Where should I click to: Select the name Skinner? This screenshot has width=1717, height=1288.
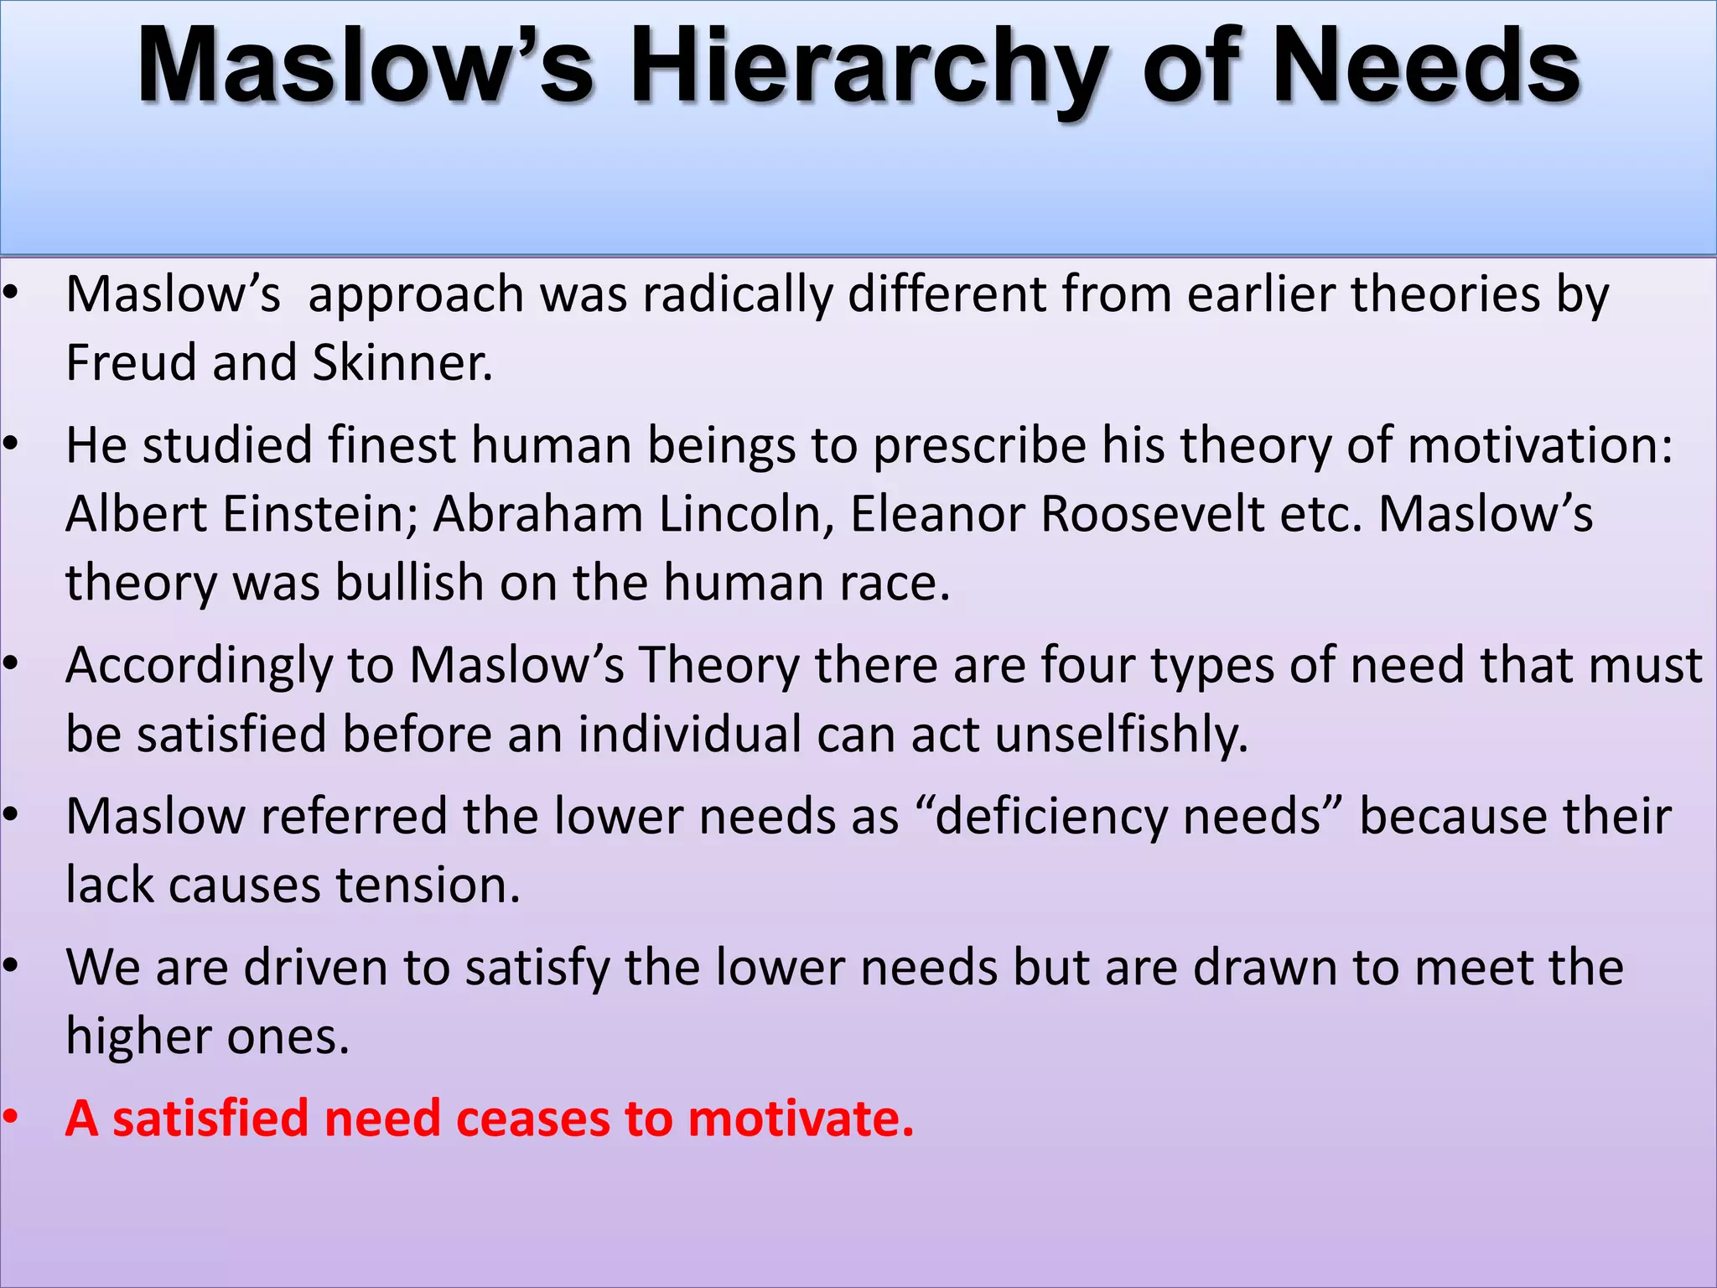[x=402, y=362]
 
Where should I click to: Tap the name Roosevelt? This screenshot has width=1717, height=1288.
[x=1152, y=513]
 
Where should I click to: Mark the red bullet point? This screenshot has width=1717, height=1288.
[x=10, y=1118]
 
